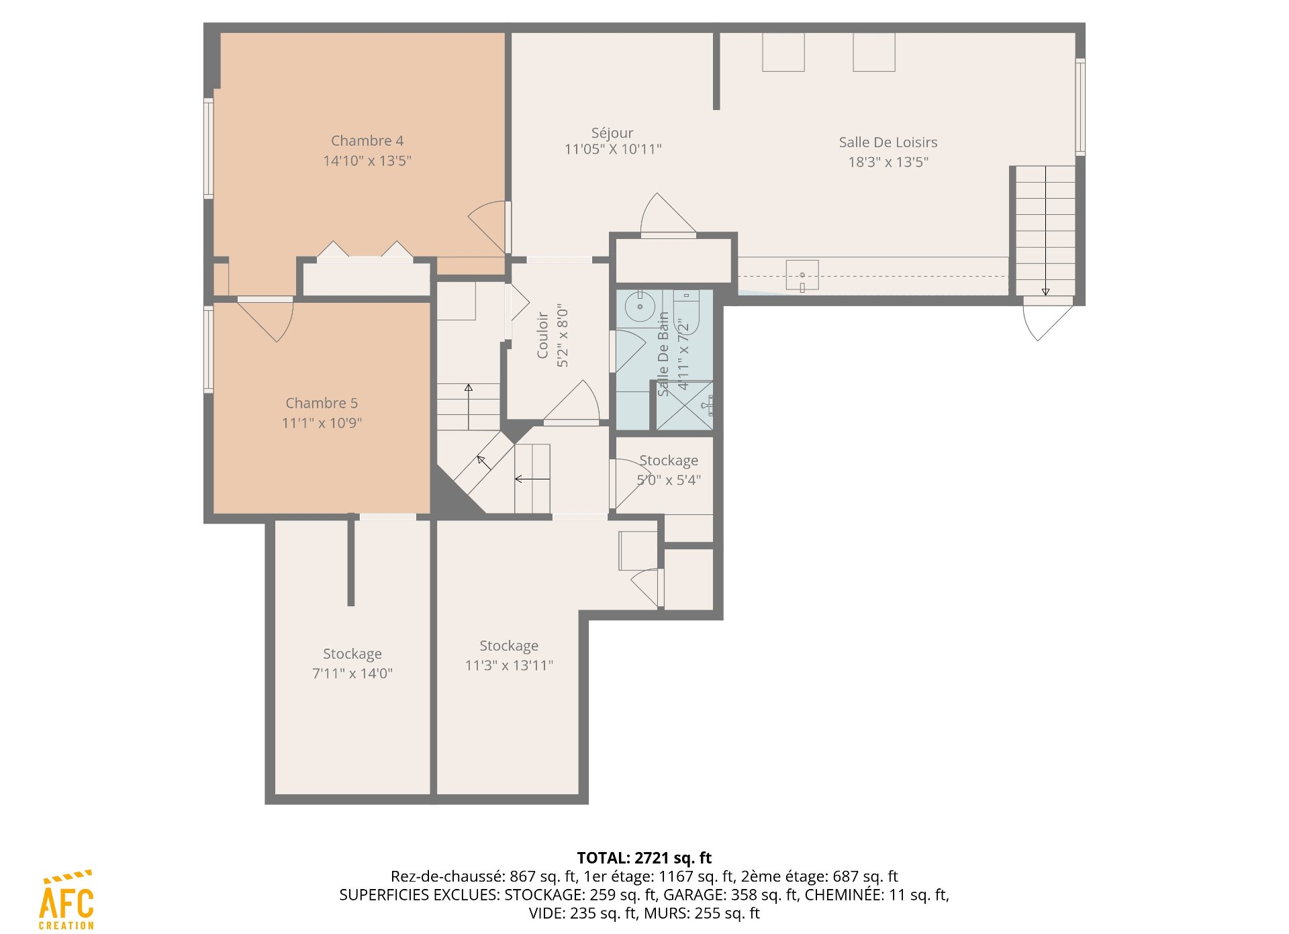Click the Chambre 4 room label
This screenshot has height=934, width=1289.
coord(367,141)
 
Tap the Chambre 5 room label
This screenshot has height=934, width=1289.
coord(322,403)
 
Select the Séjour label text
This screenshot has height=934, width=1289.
coord(612,133)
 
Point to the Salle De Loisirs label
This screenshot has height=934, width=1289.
coord(888,142)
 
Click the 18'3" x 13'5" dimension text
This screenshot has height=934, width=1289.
coord(888,162)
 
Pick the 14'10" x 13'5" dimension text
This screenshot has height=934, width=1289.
coord(367,160)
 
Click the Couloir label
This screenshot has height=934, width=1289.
coord(542,335)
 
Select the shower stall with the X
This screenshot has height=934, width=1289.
coord(684,406)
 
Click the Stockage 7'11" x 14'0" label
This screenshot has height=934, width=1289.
coord(352,663)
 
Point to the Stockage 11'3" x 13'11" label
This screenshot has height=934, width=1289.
coord(509,655)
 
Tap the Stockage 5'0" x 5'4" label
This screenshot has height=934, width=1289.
coord(669,470)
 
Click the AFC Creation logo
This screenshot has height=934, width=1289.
coord(66,900)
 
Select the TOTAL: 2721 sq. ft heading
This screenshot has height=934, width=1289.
coord(644,858)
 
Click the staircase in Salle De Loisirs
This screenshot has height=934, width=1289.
coord(1045,230)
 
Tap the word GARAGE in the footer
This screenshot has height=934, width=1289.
coord(691,895)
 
